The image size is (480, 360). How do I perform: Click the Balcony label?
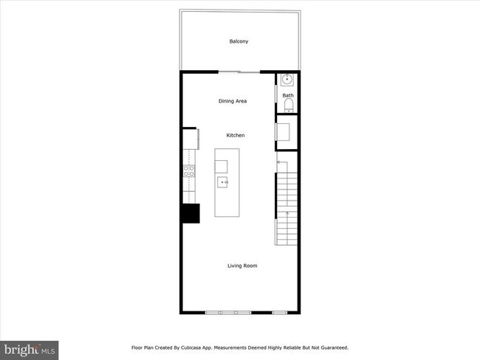point(239,41)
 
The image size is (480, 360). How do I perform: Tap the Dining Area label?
point(232,101)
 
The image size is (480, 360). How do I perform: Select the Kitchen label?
point(236,135)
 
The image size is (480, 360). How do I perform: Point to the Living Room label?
point(242,266)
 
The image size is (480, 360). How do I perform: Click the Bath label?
point(287,95)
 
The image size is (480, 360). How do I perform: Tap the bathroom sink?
point(287,79)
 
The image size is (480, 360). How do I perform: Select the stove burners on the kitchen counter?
point(189,171)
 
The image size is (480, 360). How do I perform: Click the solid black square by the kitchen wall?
point(191,212)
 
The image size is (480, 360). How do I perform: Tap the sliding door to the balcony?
point(239,72)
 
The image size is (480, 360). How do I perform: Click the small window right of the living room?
point(279,313)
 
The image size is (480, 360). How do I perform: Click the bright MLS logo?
point(30,349)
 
